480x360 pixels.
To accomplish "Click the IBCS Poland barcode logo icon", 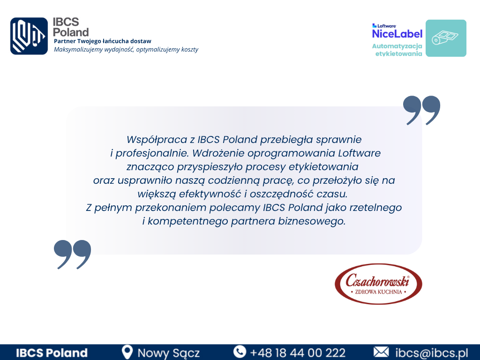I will pos(29,36).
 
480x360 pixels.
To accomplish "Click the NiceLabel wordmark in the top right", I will pos(397,33).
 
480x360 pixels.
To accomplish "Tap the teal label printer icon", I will pos(446,38).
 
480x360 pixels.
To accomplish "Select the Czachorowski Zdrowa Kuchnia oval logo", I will pos(378,284).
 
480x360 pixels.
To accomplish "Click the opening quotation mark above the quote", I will pos(422,110).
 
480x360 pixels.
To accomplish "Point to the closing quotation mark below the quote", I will pos(73,254).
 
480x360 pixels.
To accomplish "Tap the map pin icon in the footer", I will pos(127,352).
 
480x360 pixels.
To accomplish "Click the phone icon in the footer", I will pos(240,352).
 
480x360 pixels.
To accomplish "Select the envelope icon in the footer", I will pos(381,352).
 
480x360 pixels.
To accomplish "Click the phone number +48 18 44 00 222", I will pos(298,353).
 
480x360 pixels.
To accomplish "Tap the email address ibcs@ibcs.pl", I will pos(432,353).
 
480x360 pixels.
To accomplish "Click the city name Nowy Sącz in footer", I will pos(169,353).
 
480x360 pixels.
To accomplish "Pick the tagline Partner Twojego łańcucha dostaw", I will pos(103,41).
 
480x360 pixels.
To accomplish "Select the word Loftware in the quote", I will pos(360,153).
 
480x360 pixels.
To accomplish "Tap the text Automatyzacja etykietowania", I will pos(397,50).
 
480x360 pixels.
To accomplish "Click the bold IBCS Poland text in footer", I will pos(52,353).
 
